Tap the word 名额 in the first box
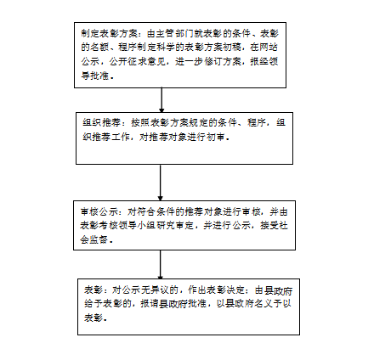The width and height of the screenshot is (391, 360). pos(99,48)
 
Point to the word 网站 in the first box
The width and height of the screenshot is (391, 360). pos(269,48)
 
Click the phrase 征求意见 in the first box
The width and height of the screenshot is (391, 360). pos(146,61)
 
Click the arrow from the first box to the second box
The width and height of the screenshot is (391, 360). pos(161,100)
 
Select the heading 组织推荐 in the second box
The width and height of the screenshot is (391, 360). pos(101,123)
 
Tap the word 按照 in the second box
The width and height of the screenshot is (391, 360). pos(140,123)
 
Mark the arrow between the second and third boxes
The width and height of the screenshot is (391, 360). pos(160,183)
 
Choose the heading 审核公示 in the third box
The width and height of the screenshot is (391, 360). pos(99,212)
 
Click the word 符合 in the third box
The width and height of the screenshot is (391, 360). pos(146,212)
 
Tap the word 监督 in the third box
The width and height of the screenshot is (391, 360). pos(99,240)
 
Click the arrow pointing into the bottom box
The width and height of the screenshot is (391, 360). pos(161,265)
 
